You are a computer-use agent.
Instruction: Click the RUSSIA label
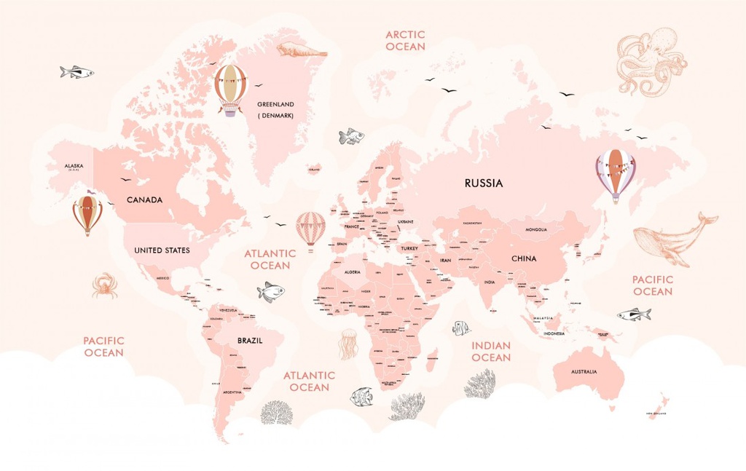(x=484, y=183)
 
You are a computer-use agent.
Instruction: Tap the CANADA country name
(x=144, y=199)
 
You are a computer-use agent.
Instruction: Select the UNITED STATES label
(x=162, y=250)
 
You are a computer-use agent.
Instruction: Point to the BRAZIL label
(x=250, y=340)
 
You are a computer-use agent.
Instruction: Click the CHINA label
(x=523, y=258)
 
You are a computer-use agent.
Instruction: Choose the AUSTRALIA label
(x=584, y=372)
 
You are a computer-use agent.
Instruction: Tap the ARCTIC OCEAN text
(x=405, y=41)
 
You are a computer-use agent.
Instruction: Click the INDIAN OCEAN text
(x=491, y=352)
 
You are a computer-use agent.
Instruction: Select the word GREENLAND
(x=275, y=104)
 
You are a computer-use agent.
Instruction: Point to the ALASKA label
(x=74, y=165)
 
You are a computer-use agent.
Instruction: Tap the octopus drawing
(x=650, y=61)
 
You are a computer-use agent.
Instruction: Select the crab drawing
(x=105, y=285)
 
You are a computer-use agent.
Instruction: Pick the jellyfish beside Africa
(x=348, y=344)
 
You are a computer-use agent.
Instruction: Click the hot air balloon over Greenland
(x=231, y=89)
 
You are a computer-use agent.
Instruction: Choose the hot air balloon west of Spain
(x=310, y=230)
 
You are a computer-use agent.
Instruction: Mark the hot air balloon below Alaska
(x=87, y=214)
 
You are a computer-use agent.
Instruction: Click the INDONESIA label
(x=554, y=333)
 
